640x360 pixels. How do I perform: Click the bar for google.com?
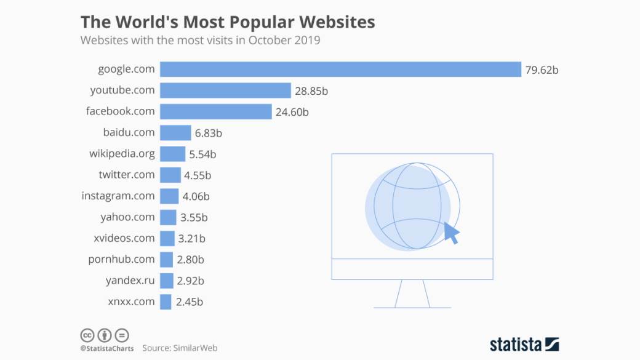340,70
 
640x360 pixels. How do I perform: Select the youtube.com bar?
225,90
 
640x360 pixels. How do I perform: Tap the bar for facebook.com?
215,111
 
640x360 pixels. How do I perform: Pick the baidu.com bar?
175,133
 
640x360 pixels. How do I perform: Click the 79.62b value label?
542,70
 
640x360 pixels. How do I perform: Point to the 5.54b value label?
202,154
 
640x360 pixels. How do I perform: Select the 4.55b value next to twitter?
198,175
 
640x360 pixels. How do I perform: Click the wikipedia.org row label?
122,153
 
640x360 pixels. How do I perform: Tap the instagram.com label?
118,196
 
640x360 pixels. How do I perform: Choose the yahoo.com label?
127,217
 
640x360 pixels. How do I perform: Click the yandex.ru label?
130,281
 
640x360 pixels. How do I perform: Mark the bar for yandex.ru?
166,281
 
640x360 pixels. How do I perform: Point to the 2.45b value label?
190,302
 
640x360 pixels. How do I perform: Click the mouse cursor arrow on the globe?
452,233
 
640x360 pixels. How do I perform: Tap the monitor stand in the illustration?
412,294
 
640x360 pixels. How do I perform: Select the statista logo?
524,343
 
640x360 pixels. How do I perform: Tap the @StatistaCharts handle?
107,348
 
